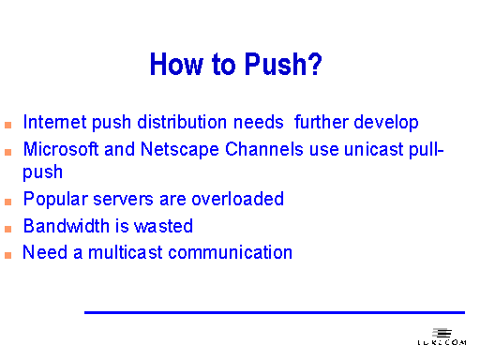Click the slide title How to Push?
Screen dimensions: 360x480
pos(236,65)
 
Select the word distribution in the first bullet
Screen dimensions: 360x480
pos(179,123)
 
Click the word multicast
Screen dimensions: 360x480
pos(124,252)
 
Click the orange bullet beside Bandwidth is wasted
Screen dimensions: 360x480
pos(7,228)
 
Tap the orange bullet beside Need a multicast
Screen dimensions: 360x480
pos(7,254)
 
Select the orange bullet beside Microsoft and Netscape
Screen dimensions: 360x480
pos(7,151)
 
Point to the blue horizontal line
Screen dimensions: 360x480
pos(274,312)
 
